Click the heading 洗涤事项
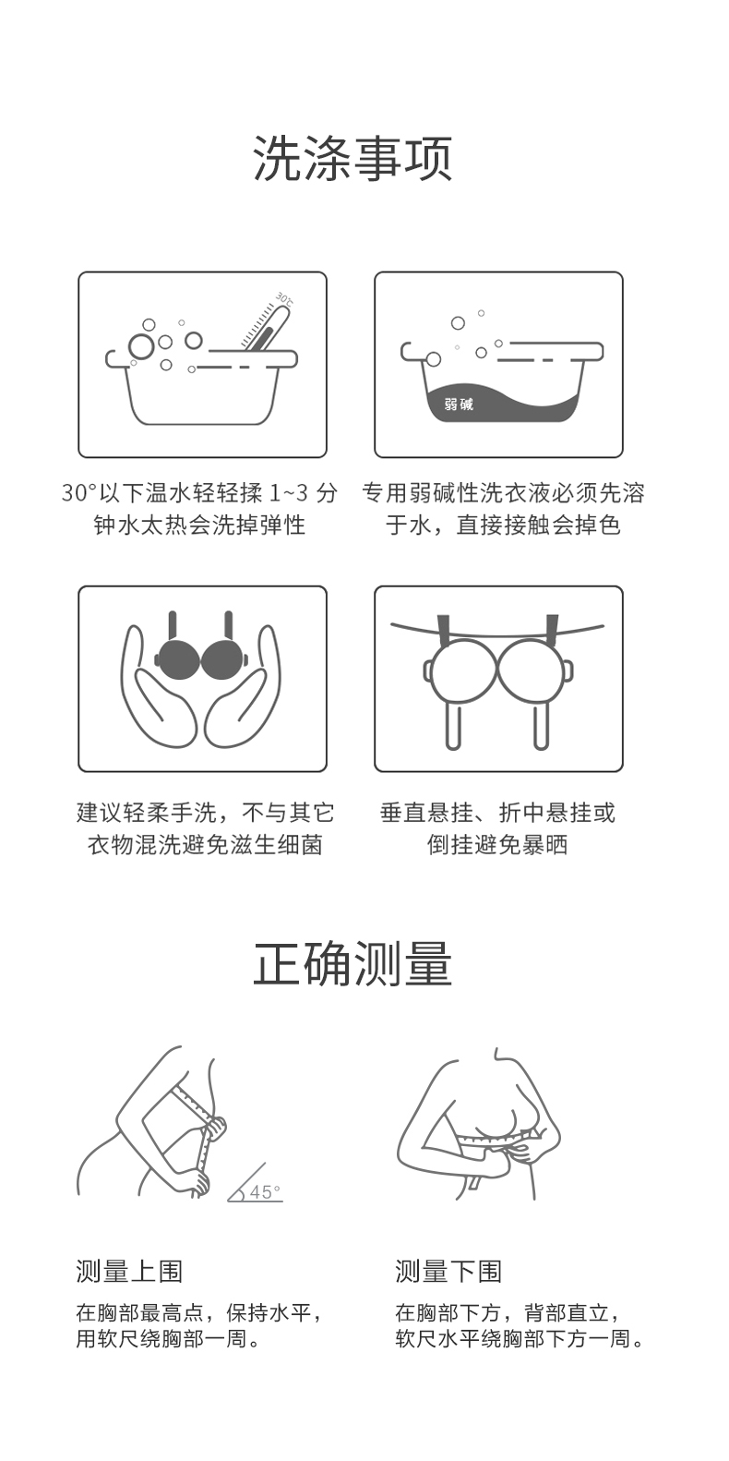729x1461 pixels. (353, 159)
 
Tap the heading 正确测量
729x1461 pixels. (353, 964)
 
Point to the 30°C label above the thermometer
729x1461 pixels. (285, 298)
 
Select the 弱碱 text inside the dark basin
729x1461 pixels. (459, 404)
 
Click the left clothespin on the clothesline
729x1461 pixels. (445, 630)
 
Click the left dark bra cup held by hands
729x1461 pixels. (178, 658)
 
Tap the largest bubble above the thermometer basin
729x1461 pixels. (140, 346)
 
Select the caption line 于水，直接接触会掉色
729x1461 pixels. (503, 525)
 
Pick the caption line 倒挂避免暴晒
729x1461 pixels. (497, 845)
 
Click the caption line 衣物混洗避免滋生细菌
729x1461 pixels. (205, 845)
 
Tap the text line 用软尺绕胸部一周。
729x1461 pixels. (168, 1339)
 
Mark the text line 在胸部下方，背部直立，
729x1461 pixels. (508, 1312)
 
